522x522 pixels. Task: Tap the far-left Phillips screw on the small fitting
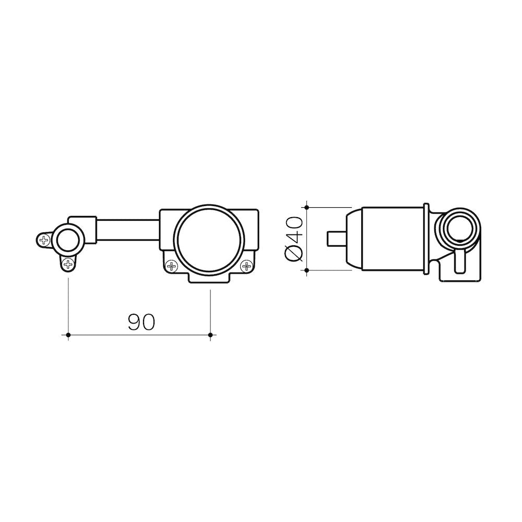44,240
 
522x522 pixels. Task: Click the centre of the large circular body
209,239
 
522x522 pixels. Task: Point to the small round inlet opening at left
68,240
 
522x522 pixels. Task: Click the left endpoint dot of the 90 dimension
68,335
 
